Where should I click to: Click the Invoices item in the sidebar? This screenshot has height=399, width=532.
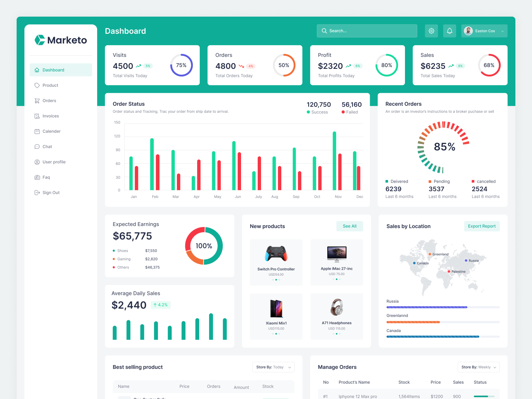(51, 116)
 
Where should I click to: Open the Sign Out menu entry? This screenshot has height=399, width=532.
(51, 193)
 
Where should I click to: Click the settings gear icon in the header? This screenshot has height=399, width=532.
(431, 31)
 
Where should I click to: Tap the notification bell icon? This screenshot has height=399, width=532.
(450, 31)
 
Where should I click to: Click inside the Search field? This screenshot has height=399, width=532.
(369, 31)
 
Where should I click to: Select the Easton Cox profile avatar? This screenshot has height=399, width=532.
(468, 31)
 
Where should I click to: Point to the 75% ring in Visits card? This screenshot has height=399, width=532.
(182, 65)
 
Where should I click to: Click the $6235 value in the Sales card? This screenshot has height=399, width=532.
(433, 66)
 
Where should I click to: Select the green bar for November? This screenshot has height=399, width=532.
(334, 161)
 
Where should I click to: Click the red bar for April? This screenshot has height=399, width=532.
(199, 175)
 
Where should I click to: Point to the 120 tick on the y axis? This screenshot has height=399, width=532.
(117, 136)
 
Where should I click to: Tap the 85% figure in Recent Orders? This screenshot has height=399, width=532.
(445, 147)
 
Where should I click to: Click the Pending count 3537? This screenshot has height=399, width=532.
(436, 189)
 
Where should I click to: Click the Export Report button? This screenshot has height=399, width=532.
(481, 226)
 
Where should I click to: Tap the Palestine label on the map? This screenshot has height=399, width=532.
(458, 272)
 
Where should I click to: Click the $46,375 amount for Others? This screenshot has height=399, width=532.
(152, 267)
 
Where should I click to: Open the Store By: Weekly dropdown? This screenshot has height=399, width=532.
(478, 367)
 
